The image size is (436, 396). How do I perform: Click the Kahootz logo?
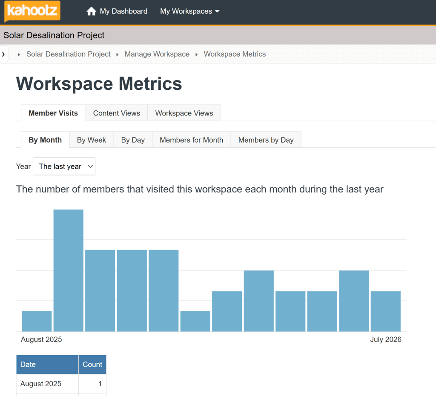pyautogui.click(x=32, y=11)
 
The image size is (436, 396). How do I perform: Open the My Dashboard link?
pyautogui.click(x=123, y=11)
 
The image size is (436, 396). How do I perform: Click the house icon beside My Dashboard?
pyautogui.click(x=91, y=11)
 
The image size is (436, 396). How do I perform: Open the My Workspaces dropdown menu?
pyautogui.click(x=189, y=11)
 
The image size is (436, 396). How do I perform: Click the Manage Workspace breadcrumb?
pyautogui.click(x=157, y=54)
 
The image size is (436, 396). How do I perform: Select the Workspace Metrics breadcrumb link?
pyautogui.click(x=235, y=54)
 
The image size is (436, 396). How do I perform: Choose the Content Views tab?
pyautogui.click(x=117, y=113)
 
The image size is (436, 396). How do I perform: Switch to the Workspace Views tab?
pyautogui.click(x=184, y=113)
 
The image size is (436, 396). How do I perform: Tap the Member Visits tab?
pyautogui.click(x=53, y=113)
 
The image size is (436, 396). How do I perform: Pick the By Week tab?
pyautogui.click(x=92, y=140)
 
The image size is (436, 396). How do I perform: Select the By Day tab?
pyautogui.click(x=133, y=140)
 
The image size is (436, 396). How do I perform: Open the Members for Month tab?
pyautogui.click(x=191, y=140)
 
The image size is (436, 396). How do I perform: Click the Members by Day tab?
pyautogui.click(x=266, y=140)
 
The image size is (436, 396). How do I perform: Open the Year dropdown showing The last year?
pyautogui.click(x=64, y=166)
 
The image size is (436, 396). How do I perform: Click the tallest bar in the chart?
pyautogui.click(x=69, y=270)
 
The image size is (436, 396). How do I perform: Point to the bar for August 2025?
pyautogui.click(x=37, y=321)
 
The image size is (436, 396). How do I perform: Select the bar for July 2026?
pyautogui.click(x=386, y=311)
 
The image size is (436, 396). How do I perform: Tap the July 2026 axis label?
pyautogui.click(x=386, y=339)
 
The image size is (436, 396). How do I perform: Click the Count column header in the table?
pyautogui.click(x=92, y=364)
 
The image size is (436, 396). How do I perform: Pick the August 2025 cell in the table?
pyautogui.click(x=41, y=384)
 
